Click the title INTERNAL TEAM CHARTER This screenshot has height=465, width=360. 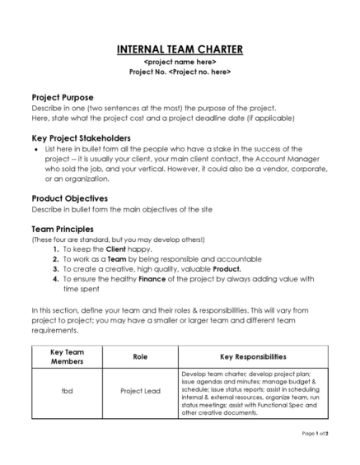pyautogui.click(x=180, y=49)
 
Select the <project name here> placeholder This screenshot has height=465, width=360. pyautogui.click(x=180, y=62)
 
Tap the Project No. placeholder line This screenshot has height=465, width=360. pyautogui.click(x=180, y=72)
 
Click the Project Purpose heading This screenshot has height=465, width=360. pyautogui.click(x=68, y=97)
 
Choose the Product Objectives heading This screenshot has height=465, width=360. pyautogui.click(x=75, y=198)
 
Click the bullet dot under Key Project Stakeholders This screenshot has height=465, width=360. pyautogui.click(x=35, y=150)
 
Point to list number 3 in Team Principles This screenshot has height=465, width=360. pyautogui.click(x=55, y=268)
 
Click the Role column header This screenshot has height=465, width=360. pyautogui.click(x=140, y=357)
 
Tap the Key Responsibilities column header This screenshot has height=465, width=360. pyautogui.click(x=253, y=357)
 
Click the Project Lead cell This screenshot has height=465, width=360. pyautogui.click(x=140, y=391)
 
